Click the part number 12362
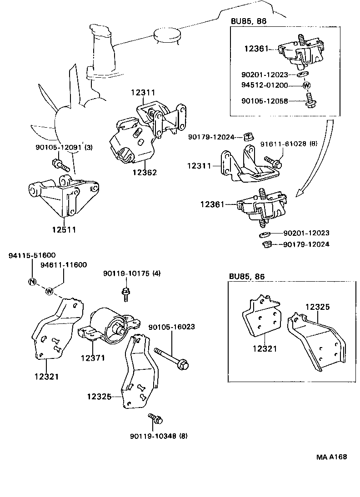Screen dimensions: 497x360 pyautogui.click(x=145, y=173)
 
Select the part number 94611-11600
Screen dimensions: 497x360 pyautogui.click(x=64, y=265)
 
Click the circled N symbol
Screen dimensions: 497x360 pyautogui.click(x=32, y=281)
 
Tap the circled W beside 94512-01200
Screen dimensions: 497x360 pyautogui.click(x=306, y=85)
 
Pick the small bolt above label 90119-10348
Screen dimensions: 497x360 pyautogui.click(x=155, y=419)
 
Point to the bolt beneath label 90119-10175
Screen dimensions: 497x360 pyautogui.click(x=124, y=293)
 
